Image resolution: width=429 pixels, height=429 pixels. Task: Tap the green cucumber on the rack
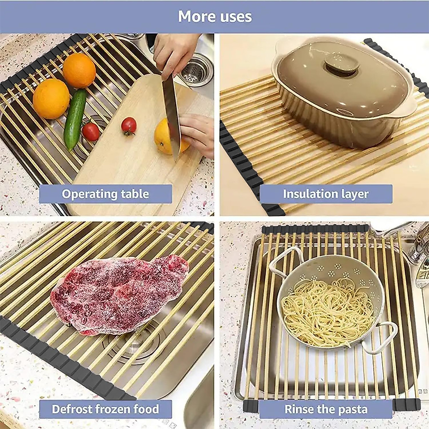click(75, 119)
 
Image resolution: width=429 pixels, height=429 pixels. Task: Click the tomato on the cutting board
click(129, 126)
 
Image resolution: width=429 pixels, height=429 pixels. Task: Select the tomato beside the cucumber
click(91, 131)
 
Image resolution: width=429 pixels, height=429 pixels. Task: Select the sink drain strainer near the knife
click(195, 71)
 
